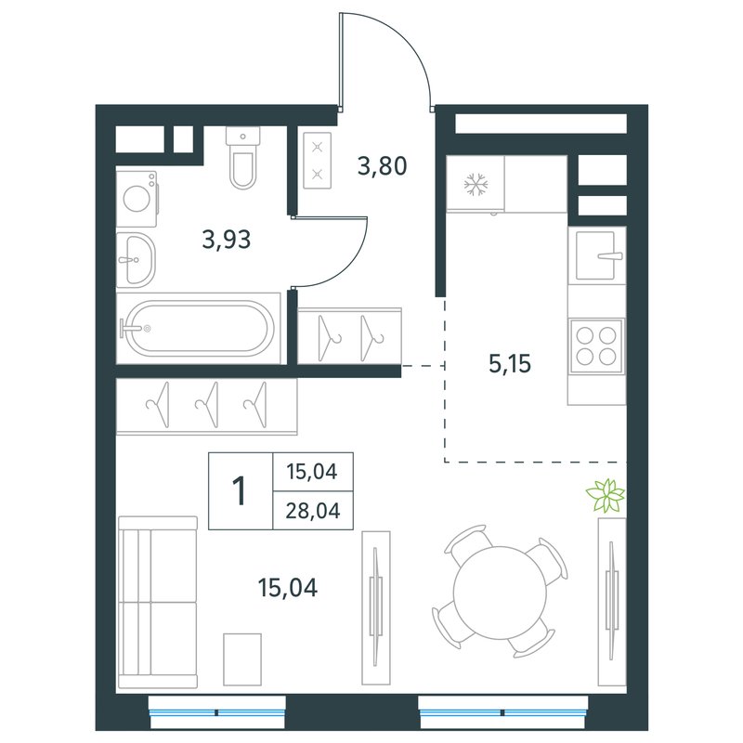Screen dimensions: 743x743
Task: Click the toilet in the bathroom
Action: (243, 158)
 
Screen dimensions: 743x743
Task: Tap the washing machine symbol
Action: (137, 199)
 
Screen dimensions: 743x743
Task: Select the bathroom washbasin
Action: (136, 260)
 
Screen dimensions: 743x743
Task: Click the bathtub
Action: (198, 328)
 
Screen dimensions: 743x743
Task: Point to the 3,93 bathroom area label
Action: (227, 240)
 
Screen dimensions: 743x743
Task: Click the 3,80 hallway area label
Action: (382, 166)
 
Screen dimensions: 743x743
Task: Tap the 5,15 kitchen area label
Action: (510, 364)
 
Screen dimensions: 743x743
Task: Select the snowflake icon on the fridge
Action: (476, 184)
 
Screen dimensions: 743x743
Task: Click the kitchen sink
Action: (596, 255)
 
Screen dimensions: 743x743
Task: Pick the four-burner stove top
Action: (596, 345)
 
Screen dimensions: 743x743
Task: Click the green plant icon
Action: (606, 496)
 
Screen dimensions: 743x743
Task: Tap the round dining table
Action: (501, 591)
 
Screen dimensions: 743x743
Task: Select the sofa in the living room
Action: (157, 602)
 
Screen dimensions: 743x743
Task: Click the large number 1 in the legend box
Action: (241, 491)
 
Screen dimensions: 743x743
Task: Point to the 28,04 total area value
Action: (313, 511)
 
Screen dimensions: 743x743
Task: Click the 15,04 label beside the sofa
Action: (288, 588)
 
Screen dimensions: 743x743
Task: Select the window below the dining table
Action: (503, 711)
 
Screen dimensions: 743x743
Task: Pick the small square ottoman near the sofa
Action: (242, 659)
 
